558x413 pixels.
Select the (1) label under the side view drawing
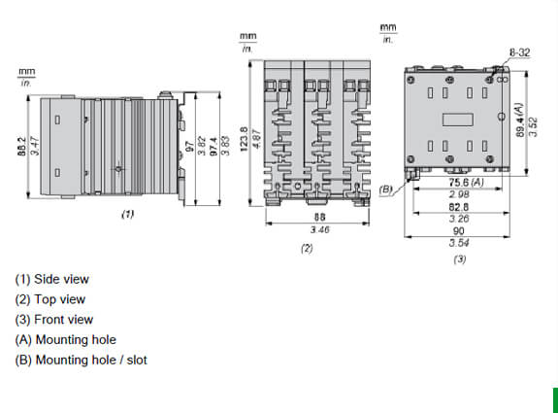click(x=127, y=215)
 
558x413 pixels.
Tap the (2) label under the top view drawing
click(x=307, y=249)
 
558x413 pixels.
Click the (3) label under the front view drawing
click(x=459, y=259)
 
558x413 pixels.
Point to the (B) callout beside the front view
click(x=386, y=189)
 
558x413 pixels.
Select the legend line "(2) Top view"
click(x=49, y=299)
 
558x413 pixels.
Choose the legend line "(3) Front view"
click(x=53, y=319)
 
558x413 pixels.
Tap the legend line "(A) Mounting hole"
click(x=65, y=339)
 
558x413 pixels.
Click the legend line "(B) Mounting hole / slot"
click(x=81, y=360)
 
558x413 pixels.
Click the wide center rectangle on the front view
click(x=455, y=120)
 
